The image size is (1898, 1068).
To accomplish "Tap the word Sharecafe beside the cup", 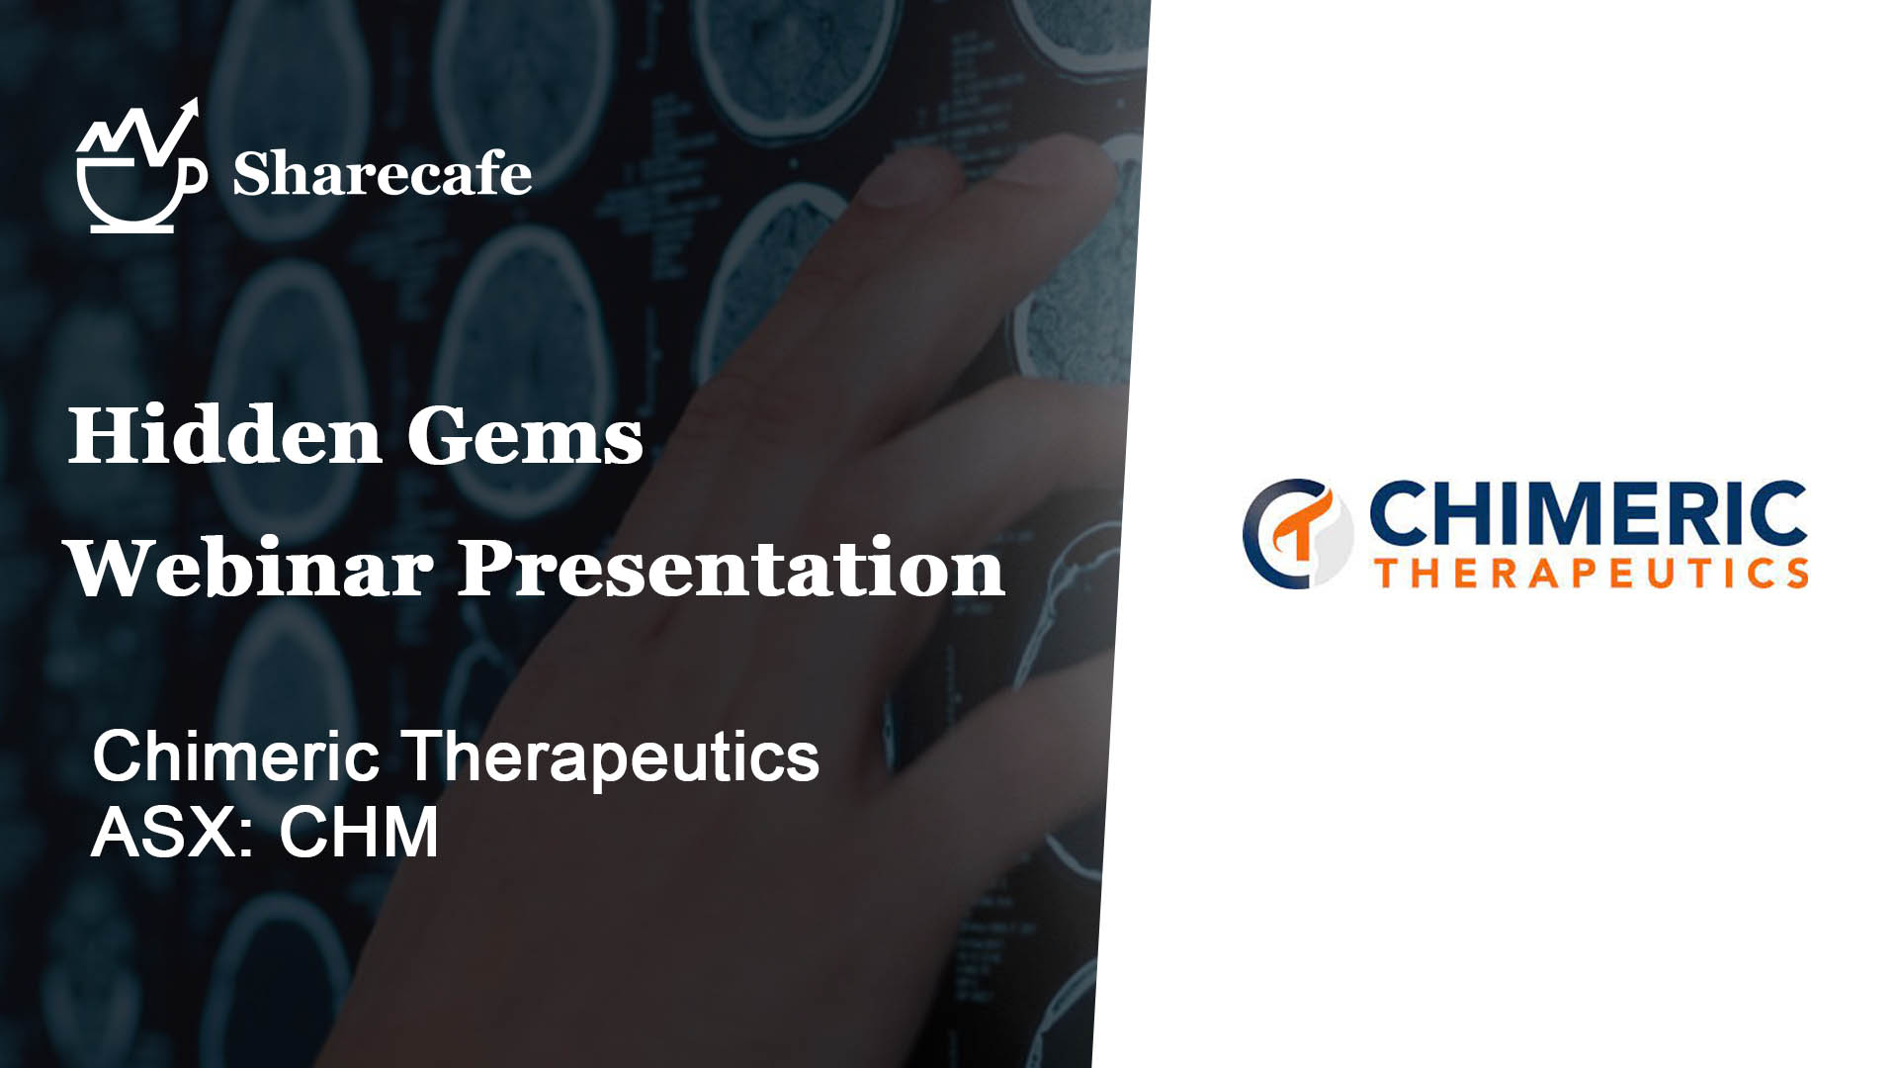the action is click(x=382, y=174).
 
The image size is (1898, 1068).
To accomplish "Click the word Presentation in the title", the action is click(x=731, y=568).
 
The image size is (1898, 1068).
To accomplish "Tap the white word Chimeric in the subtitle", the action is click(x=235, y=756).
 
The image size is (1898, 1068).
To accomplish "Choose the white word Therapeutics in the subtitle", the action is click(x=613, y=757).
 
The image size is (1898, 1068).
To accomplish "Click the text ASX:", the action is click(x=173, y=832).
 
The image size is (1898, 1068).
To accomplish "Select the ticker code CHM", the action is click(x=359, y=832).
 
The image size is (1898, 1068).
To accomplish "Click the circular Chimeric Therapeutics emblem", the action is click(x=1298, y=534).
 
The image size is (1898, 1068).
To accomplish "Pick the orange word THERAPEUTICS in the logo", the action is click(x=1593, y=573).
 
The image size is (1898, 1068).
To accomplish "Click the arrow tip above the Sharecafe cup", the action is click(x=195, y=101).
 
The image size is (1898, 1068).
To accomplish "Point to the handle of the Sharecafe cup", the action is click(x=195, y=176).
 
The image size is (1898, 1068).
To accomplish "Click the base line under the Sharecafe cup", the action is click(x=132, y=229).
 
